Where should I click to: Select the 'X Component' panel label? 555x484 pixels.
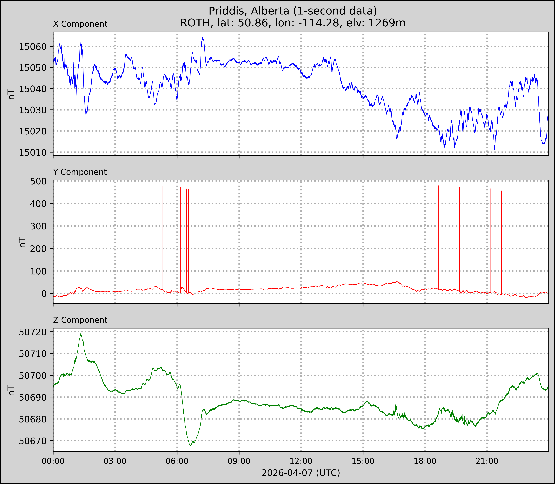tap(80, 24)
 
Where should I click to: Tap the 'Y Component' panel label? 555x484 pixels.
tap(80, 172)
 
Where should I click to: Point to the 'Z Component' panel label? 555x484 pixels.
tap(80, 320)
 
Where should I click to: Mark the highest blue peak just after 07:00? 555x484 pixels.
tap(202, 38)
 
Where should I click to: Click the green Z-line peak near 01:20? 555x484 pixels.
tap(80, 334)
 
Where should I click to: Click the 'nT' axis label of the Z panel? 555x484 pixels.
tap(11, 390)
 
